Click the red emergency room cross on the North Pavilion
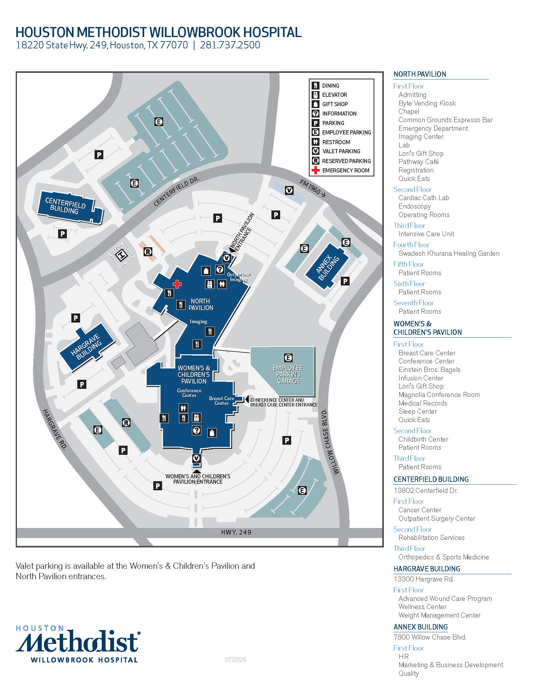coord(177,284)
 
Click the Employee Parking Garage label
coord(288,374)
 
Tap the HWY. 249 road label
coord(236,532)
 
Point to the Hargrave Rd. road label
coord(55,429)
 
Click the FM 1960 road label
coord(312,188)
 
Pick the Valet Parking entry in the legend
coord(341,151)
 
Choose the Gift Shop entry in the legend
coord(335,104)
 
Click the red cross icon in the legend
coord(315,170)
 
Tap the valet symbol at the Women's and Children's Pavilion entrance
coord(196,458)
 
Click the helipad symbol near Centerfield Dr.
coord(122,255)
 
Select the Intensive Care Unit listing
coord(426,234)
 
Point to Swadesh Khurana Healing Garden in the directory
coord(449,253)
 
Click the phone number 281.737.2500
coord(230,45)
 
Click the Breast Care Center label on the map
coord(222,400)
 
